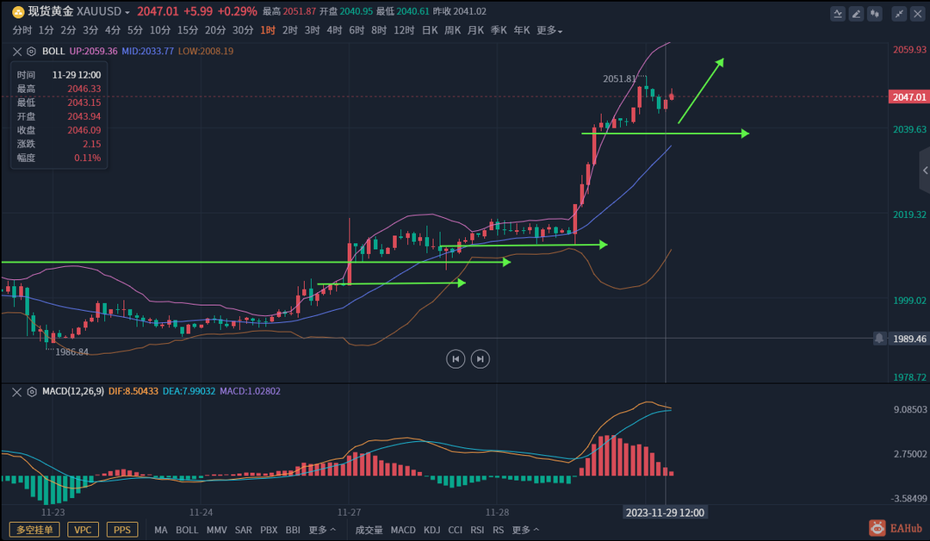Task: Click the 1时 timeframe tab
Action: (268, 30)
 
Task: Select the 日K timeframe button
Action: (429, 30)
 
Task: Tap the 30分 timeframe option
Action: (243, 30)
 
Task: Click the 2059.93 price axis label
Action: (909, 50)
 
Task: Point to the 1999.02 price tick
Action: (909, 300)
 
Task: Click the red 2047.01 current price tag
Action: (909, 97)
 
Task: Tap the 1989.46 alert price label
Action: (909, 339)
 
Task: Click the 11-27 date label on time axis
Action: (349, 512)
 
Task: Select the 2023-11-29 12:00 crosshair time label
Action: (665, 513)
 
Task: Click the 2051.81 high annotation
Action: (620, 78)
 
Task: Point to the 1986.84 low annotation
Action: (72, 352)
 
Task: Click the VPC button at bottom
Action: (83, 530)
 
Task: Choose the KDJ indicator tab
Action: (431, 530)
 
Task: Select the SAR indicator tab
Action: (244, 530)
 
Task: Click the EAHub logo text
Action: (905, 528)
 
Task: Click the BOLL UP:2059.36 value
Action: (94, 51)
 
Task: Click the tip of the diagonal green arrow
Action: (722, 59)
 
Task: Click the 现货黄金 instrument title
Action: (51, 11)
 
